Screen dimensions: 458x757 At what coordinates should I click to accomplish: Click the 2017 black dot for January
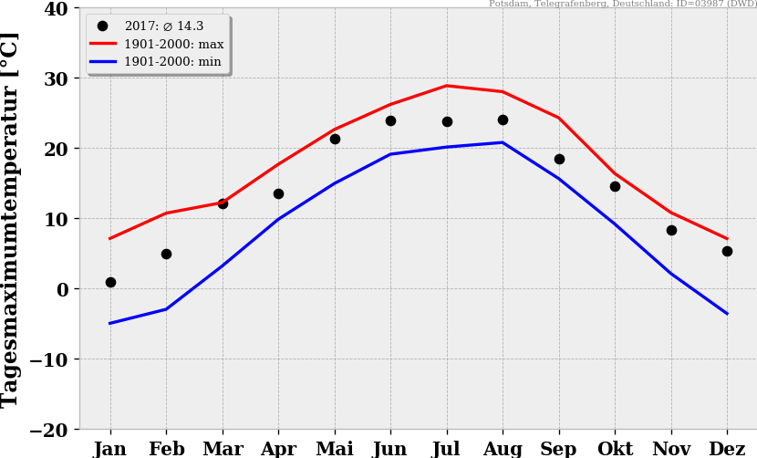(110, 282)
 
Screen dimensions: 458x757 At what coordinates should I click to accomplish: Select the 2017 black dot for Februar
(166, 254)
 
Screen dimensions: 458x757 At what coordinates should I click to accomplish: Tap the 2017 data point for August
(503, 120)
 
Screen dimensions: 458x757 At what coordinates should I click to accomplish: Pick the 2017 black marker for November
(671, 230)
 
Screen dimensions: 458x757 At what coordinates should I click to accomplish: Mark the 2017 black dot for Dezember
(727, 251)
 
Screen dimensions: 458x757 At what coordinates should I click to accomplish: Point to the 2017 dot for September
(559, 159)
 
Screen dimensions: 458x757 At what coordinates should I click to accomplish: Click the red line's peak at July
(447, 86)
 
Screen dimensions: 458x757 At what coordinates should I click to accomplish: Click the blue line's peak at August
(503, 142)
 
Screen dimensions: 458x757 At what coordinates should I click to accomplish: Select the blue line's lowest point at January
(110, 323)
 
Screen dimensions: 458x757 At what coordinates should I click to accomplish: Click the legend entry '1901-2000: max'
(173, 44)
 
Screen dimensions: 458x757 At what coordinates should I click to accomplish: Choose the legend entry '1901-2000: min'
(172, 61)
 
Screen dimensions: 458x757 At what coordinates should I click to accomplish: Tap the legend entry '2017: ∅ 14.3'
(163, 26)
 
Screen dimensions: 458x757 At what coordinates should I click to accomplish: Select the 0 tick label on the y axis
(63, 289)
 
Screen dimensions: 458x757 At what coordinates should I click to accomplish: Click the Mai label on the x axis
(335, 449)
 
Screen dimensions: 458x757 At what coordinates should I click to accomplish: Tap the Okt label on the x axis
(615, 449)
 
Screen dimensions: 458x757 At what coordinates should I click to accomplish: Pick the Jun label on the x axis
(390, 449)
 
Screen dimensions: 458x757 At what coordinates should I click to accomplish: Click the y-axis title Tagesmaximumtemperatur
(10, 219)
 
